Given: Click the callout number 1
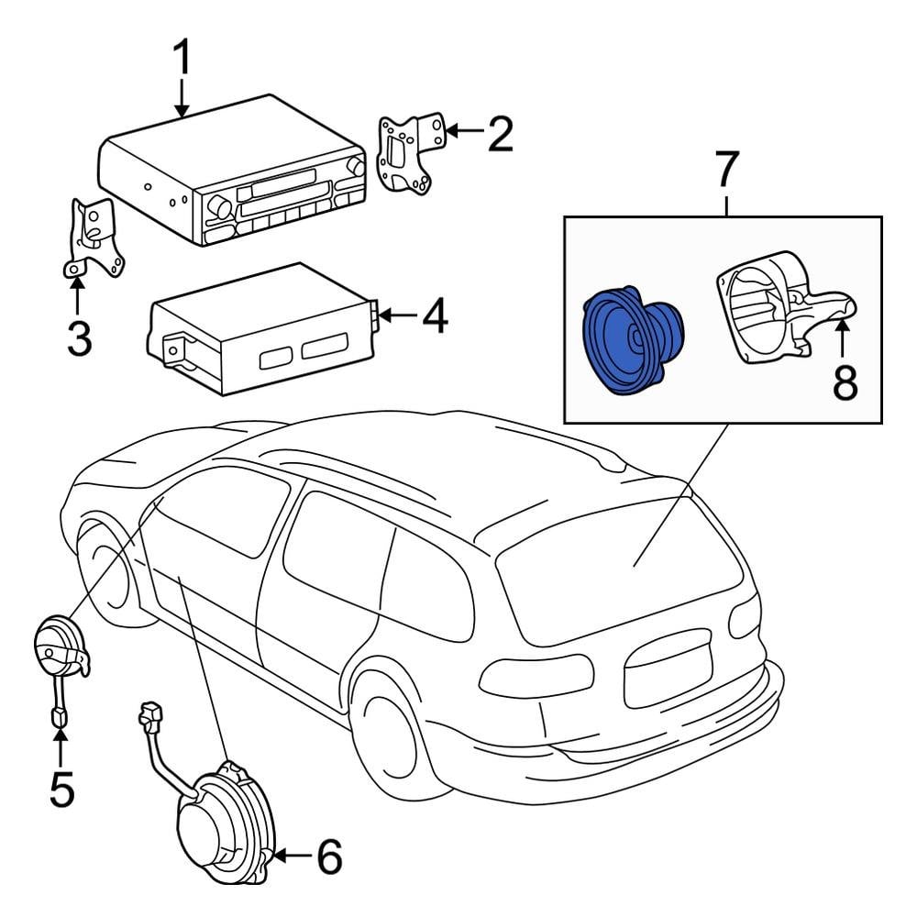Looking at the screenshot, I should click(182, 60).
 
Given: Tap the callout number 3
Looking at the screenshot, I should click(79, 337).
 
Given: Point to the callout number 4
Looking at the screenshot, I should click(434, 316).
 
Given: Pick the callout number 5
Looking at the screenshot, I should click(61, 790).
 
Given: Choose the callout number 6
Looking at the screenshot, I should click(329, 856).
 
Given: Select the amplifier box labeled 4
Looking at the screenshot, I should click(261, 330).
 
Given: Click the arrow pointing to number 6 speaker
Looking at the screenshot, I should click(292, 856).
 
